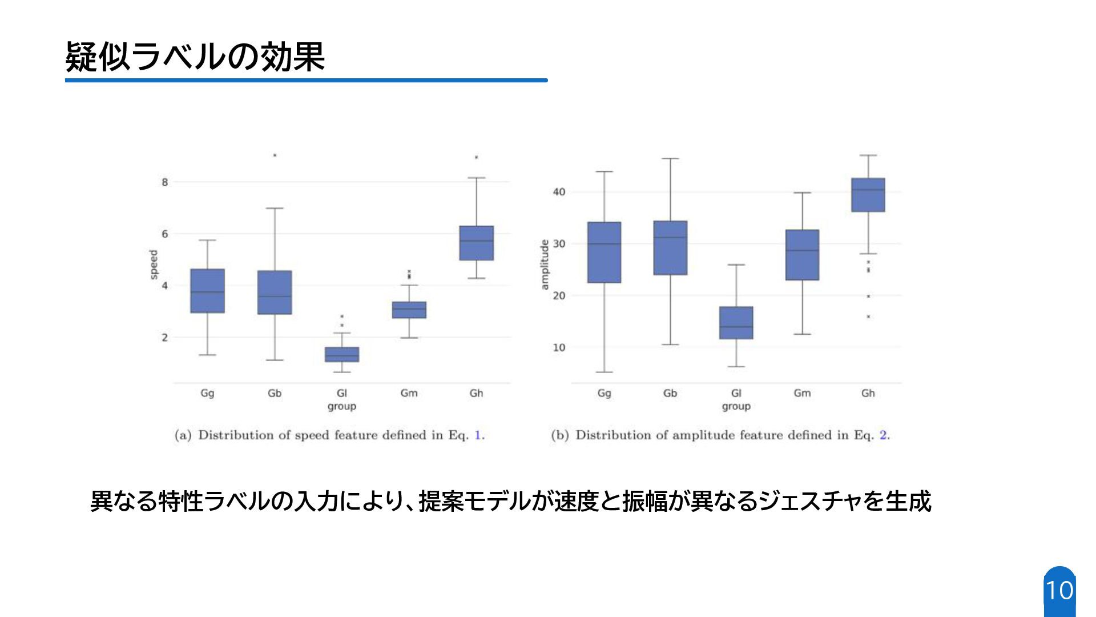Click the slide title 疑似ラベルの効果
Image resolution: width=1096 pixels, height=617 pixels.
[x=195, y=57]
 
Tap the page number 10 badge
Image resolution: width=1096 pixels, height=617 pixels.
[x=1059, y=591]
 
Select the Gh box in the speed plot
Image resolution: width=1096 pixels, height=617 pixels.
[x=476, y=243]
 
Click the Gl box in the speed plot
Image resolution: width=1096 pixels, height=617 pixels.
[x=342, y=354]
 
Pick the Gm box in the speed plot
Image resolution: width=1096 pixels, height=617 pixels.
[x=409, y=310]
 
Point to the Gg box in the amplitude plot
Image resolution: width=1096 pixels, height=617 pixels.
[x=604, y=252]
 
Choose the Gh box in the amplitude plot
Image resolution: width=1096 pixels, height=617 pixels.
[x=868, y=195]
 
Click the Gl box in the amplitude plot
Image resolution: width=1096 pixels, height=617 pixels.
[x=736, y=323]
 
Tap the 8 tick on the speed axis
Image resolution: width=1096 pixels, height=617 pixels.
[x=165, y=182]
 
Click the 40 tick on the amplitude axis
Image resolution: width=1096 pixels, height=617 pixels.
[x=559, y=192]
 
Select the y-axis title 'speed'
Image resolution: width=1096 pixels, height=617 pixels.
[x=153, y=265]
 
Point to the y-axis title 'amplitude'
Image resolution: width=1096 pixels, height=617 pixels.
[x=544, y=265]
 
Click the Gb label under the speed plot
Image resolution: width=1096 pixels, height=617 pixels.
[x=275, y=393]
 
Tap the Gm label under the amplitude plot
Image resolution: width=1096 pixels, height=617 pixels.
[x=802, y=393]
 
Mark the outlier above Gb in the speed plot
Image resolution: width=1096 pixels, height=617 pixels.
[x=275, y=155]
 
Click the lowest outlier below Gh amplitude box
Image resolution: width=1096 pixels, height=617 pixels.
[x=868, y=316]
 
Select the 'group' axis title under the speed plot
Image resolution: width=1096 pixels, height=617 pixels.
[x=341, y=406]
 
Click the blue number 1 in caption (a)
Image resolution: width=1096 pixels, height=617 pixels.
[x=478, y=435]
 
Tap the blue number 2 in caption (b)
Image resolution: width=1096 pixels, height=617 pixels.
[x=883, y=435]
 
